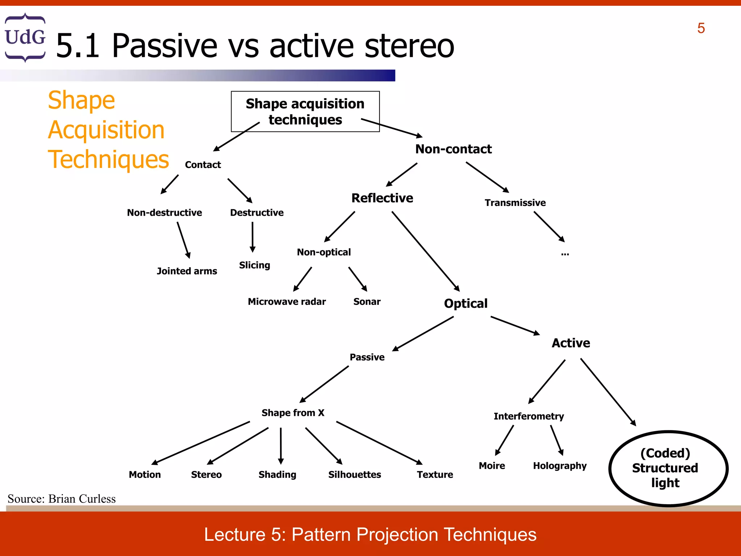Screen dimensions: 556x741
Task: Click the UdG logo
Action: [x=25, y=37]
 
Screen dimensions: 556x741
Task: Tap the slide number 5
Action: [x=701, y=28]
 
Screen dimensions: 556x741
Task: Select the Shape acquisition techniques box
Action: [x=305, y=111]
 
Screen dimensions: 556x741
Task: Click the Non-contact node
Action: [x=453, y=149]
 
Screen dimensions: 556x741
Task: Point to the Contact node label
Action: [x=203, y=165]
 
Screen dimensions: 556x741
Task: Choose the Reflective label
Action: [x=382, y=198]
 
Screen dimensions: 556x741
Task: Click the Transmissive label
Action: [x=515, y=203]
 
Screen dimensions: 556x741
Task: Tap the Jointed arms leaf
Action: [x=187, y=271]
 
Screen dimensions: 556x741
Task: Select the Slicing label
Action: [x=254, y=265]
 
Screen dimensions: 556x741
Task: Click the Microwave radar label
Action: [x=287, y=302]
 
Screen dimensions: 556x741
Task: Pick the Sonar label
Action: [x=367, y=302]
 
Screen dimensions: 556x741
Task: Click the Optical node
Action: [x=466, y=303]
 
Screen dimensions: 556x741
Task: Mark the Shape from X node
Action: [x=293, y=413]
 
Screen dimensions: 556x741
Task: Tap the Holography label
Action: [x=559, y=466]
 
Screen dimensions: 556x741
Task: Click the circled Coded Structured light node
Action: [x=668, y=468]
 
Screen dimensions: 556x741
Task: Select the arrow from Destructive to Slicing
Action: [x=253, y=237]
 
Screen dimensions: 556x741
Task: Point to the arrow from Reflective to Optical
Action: [x=425, y=251]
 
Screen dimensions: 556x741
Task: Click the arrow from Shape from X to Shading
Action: [x=281, y=445]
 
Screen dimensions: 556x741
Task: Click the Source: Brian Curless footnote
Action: [x=62, y=499]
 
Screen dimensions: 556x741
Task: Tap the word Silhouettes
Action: [x=354, y=475]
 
